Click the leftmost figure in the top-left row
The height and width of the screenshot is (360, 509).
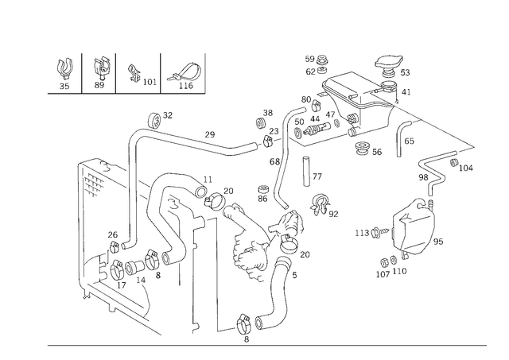pos(64,74)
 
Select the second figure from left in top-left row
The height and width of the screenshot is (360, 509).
pos(101,73)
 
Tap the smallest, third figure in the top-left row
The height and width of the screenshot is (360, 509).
pos(140,76)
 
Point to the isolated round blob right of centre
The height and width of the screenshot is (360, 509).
pos(321,204)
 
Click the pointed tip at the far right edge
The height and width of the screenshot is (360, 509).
pos(472,146)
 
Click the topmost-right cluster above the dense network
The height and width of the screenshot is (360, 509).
pos(390,68)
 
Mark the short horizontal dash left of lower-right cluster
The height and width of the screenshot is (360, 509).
pos(368,234)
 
